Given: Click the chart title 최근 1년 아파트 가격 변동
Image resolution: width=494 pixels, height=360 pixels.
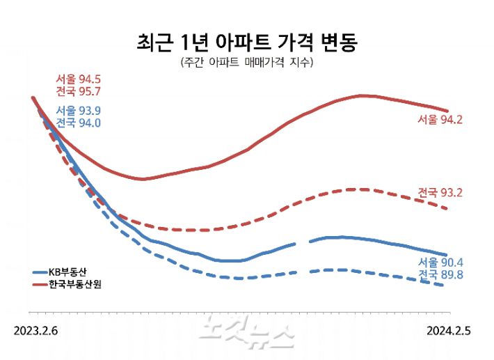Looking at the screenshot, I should (x=247, y=42).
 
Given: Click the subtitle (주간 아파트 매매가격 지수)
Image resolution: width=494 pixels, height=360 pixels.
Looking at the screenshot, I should (x=247, y=63).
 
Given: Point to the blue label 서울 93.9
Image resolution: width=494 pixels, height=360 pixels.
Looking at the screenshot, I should (x=79, y=111).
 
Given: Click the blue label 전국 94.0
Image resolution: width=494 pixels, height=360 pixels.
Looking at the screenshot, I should (x=79, y=123).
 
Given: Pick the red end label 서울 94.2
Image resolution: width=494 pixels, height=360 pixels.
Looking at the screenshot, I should (x=440, y=119).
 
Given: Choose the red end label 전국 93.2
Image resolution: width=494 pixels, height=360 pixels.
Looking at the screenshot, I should (x=440, y=191).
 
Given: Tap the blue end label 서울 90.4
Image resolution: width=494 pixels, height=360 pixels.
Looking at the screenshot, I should (x=440, y=263).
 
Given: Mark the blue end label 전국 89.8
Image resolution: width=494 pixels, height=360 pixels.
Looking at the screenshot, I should (x=440, y=275).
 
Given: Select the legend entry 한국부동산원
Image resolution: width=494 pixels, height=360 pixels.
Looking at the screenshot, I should (x=74, y=285).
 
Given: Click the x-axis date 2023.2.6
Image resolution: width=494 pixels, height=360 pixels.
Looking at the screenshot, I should (x=35, y=330).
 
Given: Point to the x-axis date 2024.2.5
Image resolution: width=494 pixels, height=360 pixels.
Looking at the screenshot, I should (x=448, y=330).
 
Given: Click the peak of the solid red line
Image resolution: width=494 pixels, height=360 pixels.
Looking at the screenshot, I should (x=362, y=95).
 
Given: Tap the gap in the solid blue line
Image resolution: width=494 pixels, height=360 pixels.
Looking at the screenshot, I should (x=303, y=242).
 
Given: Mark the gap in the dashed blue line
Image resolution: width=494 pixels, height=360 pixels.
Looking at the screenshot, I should (x=303, y=272).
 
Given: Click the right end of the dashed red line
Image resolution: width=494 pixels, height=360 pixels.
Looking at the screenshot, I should (x=447, y=209).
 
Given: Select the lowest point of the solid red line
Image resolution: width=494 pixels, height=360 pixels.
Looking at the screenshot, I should (x=143, y=179).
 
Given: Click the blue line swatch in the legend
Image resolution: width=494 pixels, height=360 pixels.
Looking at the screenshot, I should (x=40, y=272).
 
